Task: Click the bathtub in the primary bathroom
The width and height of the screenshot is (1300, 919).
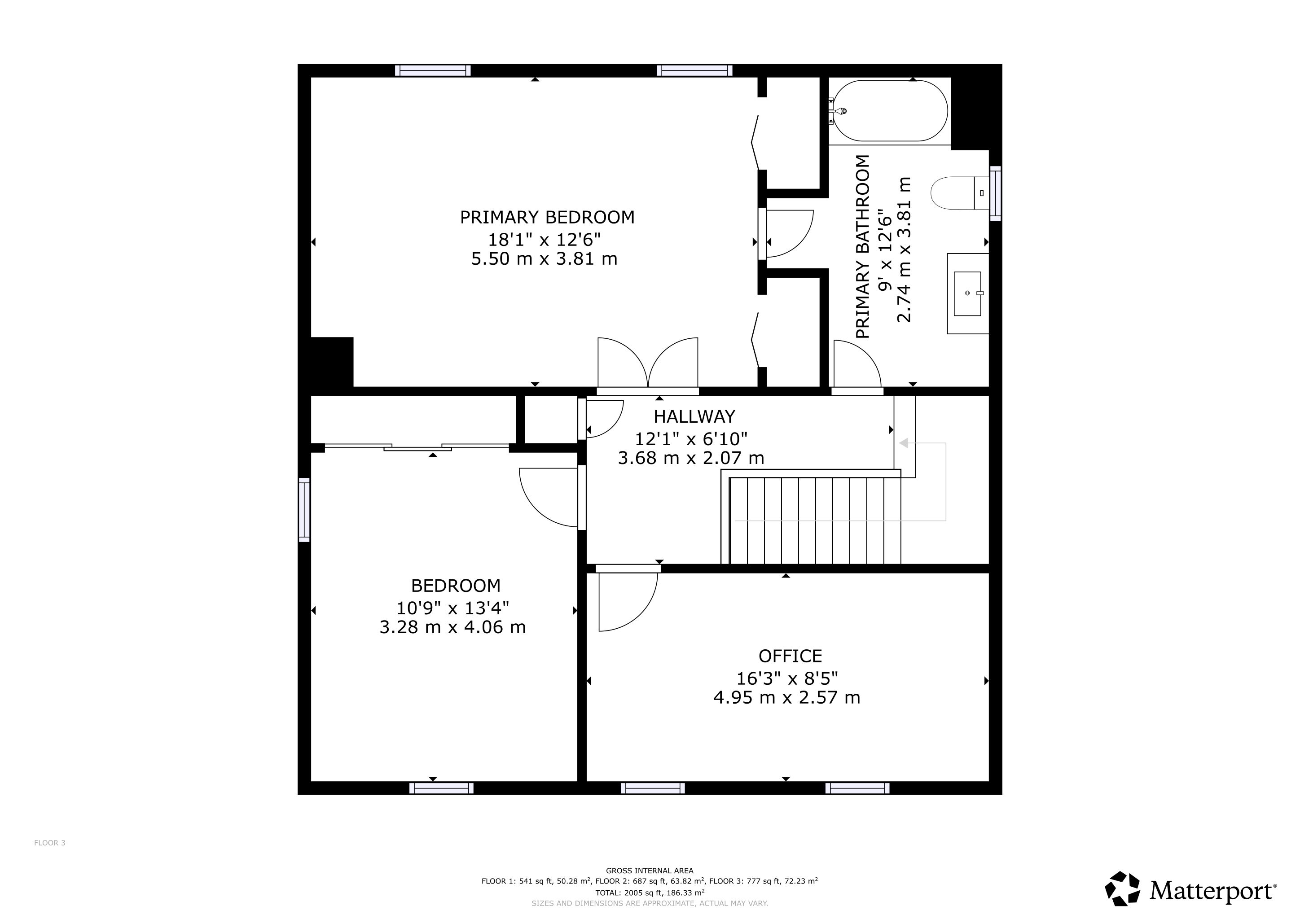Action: [891, 111]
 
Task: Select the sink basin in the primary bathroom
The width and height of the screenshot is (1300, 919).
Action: [968, 293]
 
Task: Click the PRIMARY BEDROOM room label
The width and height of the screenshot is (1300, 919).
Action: [547, 217]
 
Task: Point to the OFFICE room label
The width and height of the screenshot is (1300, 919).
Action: [790, 656]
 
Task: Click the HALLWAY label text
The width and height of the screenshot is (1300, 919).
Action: [694, 416]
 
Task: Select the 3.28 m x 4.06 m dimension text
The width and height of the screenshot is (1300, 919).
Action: [452, 627]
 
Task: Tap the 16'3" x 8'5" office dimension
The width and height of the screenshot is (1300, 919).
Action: [787, 678]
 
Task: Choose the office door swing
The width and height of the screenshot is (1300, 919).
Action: [628, 599]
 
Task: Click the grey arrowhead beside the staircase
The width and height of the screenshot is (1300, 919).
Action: [904, 443]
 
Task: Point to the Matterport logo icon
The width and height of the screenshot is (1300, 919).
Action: [1122, 888]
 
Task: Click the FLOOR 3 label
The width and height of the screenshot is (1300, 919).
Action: [50, 843]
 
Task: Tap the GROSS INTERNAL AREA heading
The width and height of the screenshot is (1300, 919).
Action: [650, 871]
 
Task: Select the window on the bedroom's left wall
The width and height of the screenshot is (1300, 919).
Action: [304, 510]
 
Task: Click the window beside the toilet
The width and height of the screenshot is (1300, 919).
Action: [995, 193]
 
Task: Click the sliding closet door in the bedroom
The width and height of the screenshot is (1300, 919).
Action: [417, 447]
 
